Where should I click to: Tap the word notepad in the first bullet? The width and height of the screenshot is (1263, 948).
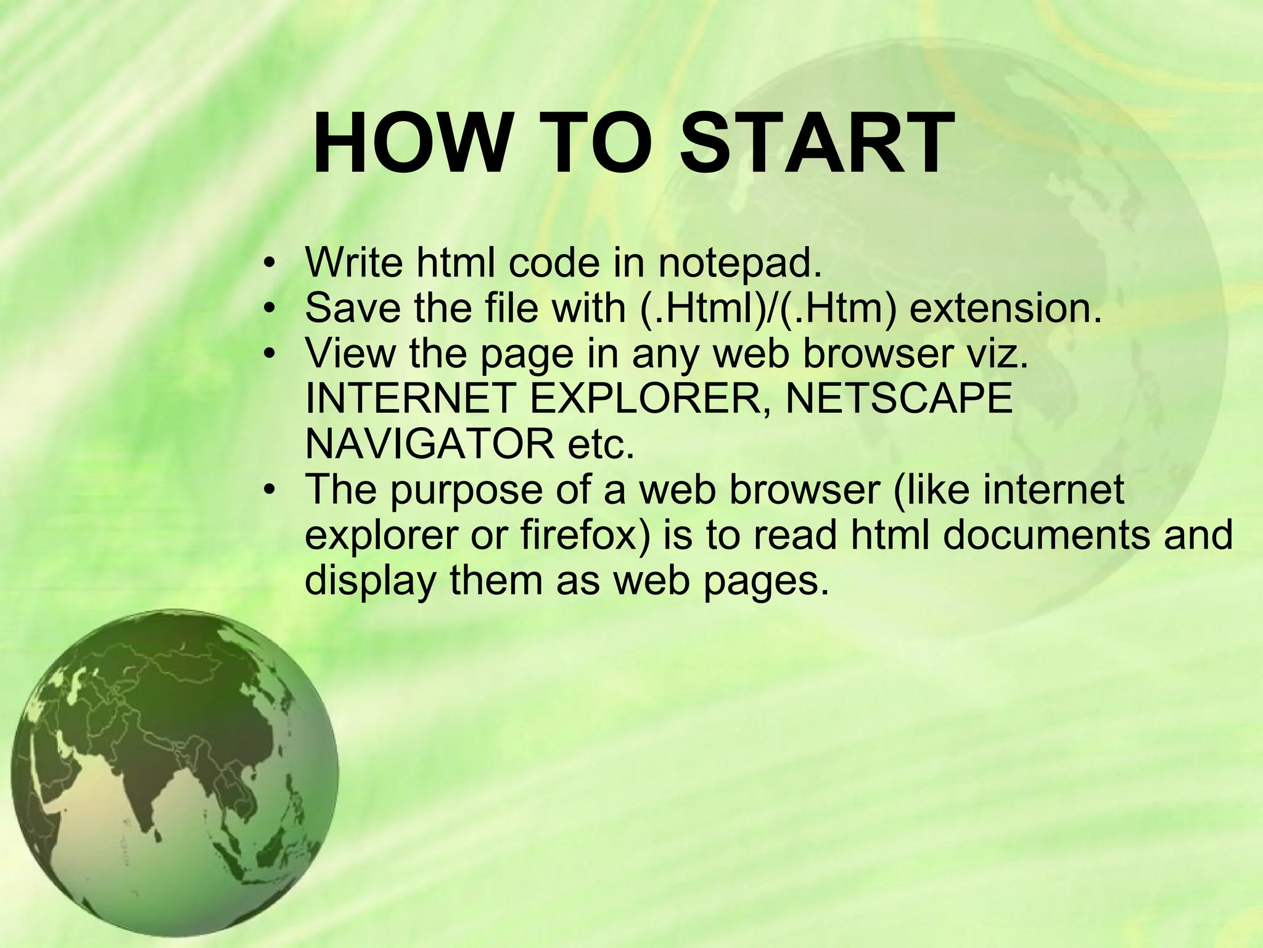pos(740,263)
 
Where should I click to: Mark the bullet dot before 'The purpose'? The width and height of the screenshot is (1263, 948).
pos(267,491)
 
